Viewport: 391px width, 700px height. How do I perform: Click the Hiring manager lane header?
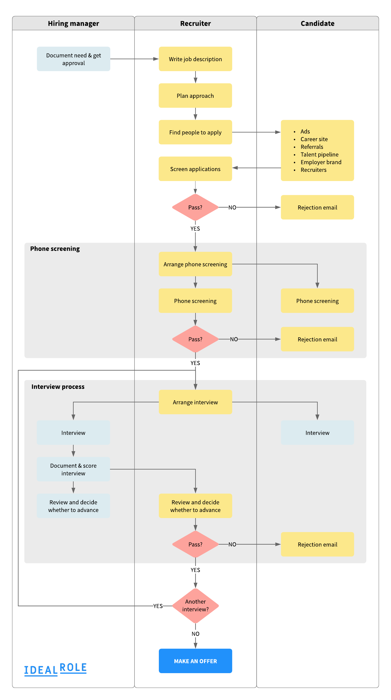pyautogui.click(x=73, y=24)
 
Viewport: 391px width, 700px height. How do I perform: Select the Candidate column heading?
pyautogui.click(x=317, y=24)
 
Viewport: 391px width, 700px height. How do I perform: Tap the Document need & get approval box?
pyautogui.click(x=73, y=59)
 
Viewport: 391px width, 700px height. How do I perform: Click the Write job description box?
pyautogui.click(x=195, y=59)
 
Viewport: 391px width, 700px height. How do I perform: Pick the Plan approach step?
pyautogui.click(x=195, y=96)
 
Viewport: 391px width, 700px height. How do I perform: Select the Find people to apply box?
pyautogui.click(x=195, y=132)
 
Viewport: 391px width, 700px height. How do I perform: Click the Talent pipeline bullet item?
pyautogui.click(x=319, y=154)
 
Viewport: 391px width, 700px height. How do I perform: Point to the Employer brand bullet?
pyautogui.click(x=321, y=162)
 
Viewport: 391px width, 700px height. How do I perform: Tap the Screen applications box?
pyautogui.click(x=195, y=169)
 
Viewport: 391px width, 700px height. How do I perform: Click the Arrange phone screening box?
pyautogui.click(x=195, y=264)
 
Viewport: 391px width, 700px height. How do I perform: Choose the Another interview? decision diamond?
pyautogui.click(x=195, y=605)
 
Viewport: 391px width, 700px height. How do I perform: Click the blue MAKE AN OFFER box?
pyautogui.click(x=195, y=661)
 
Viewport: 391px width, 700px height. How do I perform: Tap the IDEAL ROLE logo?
pyautogui.click(x=55, y=669)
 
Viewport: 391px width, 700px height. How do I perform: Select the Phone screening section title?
pyautogui.click(x=55, y=249)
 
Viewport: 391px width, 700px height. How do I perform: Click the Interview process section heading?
pyautogui.click(x=58, y=387)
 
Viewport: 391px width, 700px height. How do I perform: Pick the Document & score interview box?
pyautogui.click(x=73, y=469)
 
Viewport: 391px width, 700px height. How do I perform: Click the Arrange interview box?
pyautogui.click(x=195, y=402)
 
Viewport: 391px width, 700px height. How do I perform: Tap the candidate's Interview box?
pyautogui.click(x=317, y=433)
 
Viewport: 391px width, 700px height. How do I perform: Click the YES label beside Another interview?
pyautogui.click(x=158, y=606)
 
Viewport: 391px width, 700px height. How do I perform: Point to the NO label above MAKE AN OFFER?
pyautogui.click(x=195, y=634)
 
